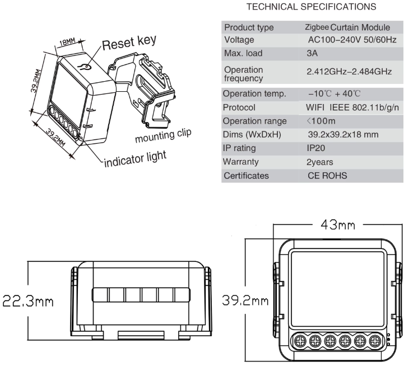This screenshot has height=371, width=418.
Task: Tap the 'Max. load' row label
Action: pyautogui.click(x=243, y=53)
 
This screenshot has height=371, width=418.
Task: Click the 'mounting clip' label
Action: pyautogui.click(x=163, y=135)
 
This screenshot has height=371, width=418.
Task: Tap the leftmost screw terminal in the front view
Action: pyautogui.click(x=300, y=340)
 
